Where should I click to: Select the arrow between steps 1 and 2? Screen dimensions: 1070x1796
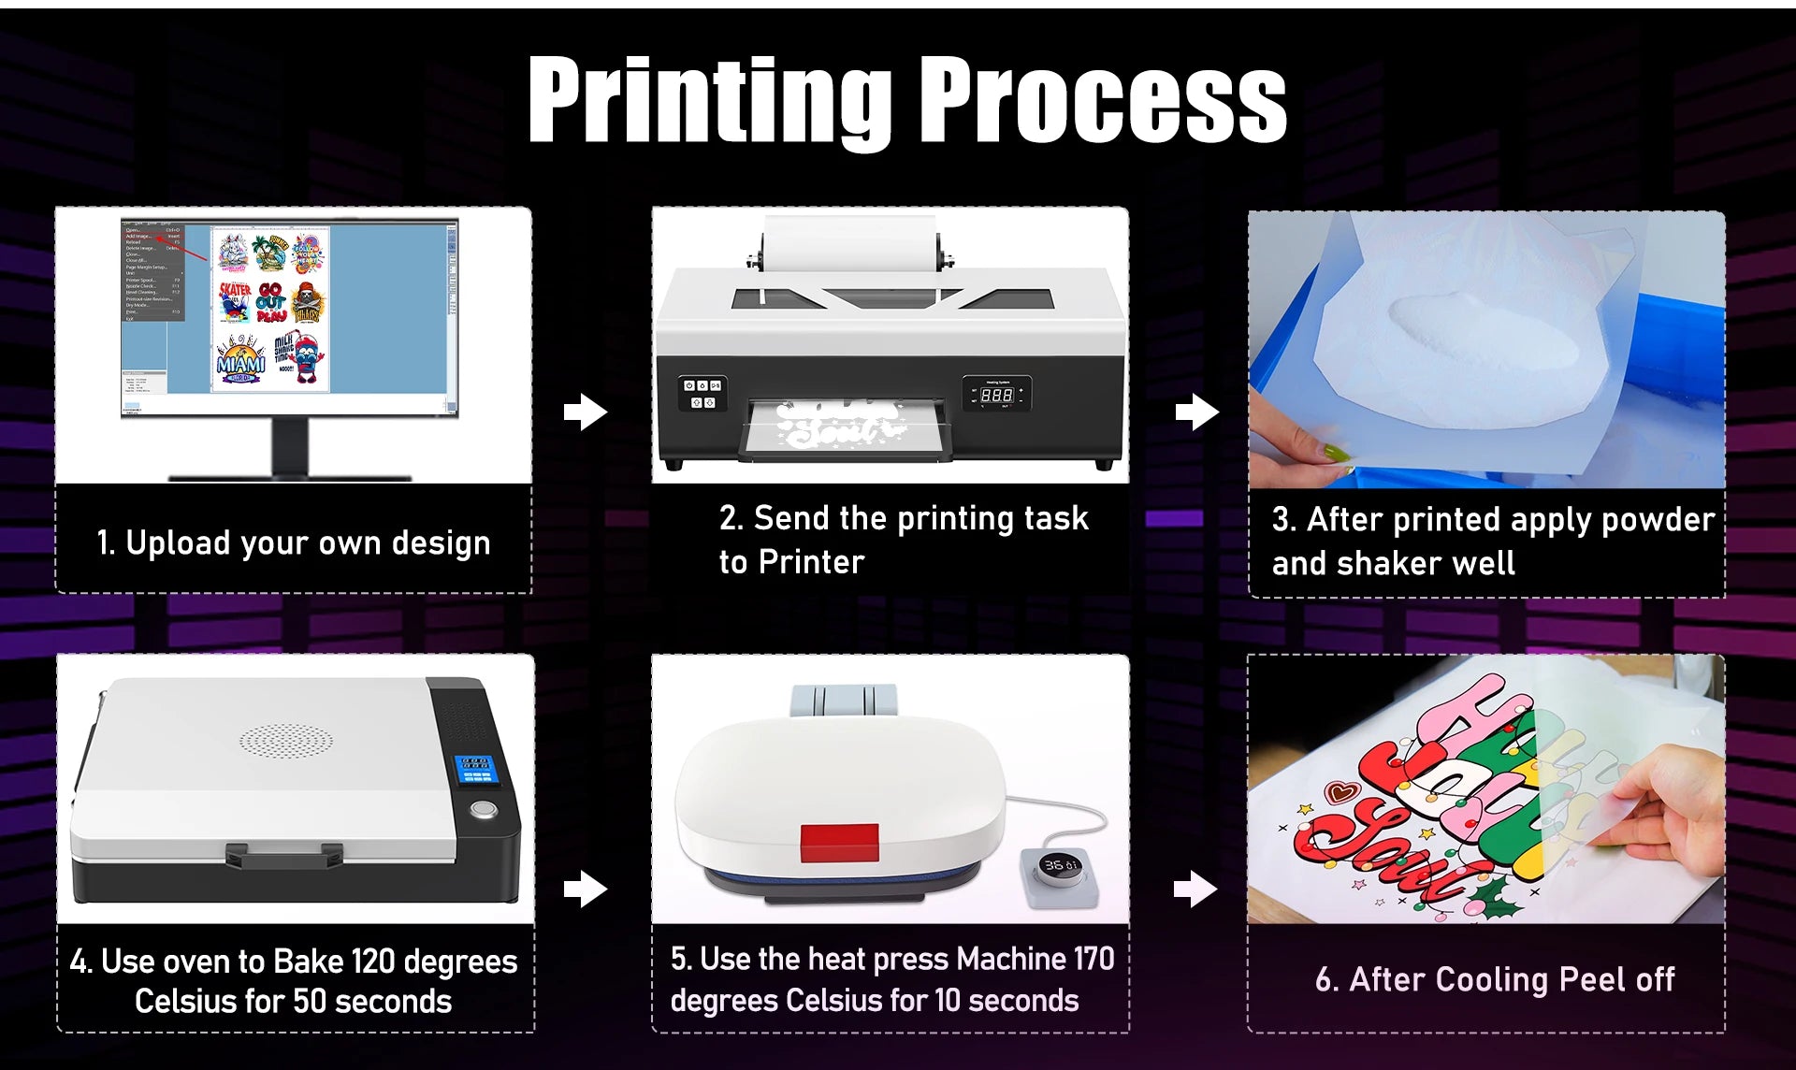(x=586, y=412)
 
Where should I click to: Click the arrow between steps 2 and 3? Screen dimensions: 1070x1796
(x=1196, y=412)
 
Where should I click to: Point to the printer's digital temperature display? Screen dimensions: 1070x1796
(x=996, y=396)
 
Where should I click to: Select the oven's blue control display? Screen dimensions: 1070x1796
(x=474, y=769)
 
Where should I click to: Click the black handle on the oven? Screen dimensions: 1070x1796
(x=283, y=853)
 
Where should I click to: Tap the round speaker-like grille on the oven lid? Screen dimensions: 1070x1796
(x=285, y=742)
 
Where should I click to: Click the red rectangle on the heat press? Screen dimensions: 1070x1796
(x=839, y=842)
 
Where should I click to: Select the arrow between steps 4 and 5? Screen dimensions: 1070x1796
(x=586, y=889)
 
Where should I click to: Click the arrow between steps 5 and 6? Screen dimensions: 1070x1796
(x=1195, y=889)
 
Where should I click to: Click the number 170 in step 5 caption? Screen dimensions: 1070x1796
(x=1094, y=959)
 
